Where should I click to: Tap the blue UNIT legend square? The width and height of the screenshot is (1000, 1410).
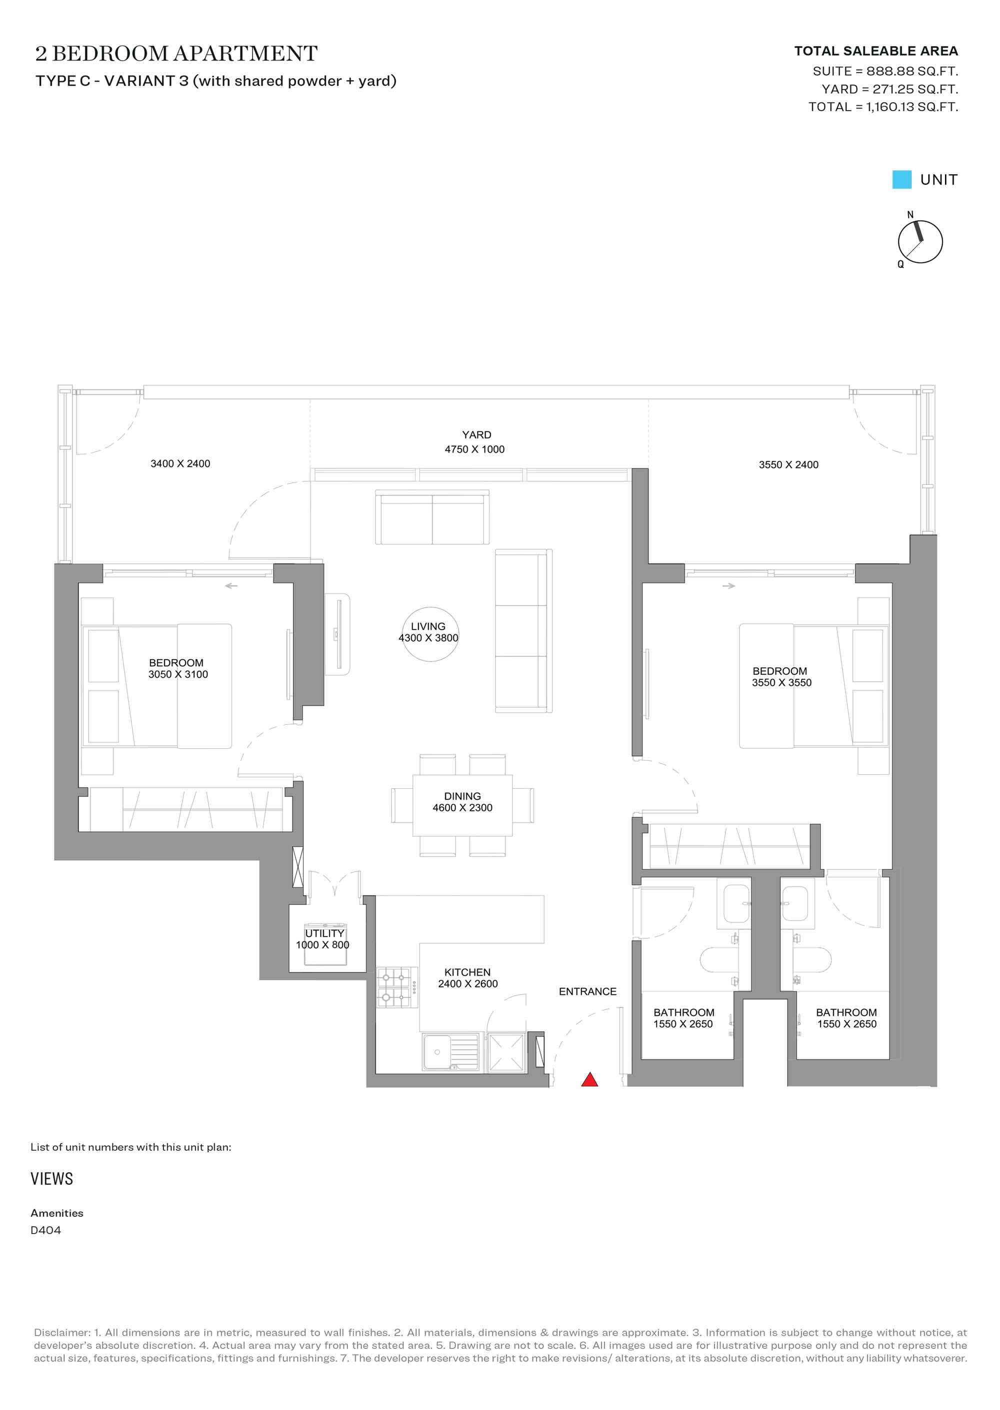pyautogui.click(x=901, y=179)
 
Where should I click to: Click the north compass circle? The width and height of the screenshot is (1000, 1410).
pyautogui.click(x=920, y=242)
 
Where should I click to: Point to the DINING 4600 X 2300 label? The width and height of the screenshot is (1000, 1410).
pyautogui.click(x=462, y=802)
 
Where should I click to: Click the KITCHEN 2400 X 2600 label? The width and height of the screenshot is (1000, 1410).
pyautogui.click(x=468, y=978)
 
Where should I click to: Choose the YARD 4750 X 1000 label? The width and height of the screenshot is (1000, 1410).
pyautogui.click(x=475, y=442)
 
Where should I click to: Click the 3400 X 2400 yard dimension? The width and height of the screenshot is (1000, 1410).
pyautogui.click(x=180, y=463)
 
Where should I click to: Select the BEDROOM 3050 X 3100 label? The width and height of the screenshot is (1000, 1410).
pyautogui.click(x=178, y=669)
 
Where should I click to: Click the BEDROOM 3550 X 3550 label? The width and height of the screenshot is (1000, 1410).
pyautogui.click(x=781, y=677)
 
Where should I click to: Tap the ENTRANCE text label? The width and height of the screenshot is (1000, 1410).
pyautogui.click(x=587, y=992)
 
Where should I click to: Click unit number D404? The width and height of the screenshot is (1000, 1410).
pyautogui.click(x=45, y=1230)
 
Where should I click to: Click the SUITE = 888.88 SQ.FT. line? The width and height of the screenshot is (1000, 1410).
pyautogui.click(x=885, y=71)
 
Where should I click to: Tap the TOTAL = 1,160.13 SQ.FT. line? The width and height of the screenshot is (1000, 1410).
pyautogui.click(x=883, y=107)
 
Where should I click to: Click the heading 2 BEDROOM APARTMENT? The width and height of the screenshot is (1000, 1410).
pyautogui.click(x=176, y=54)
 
